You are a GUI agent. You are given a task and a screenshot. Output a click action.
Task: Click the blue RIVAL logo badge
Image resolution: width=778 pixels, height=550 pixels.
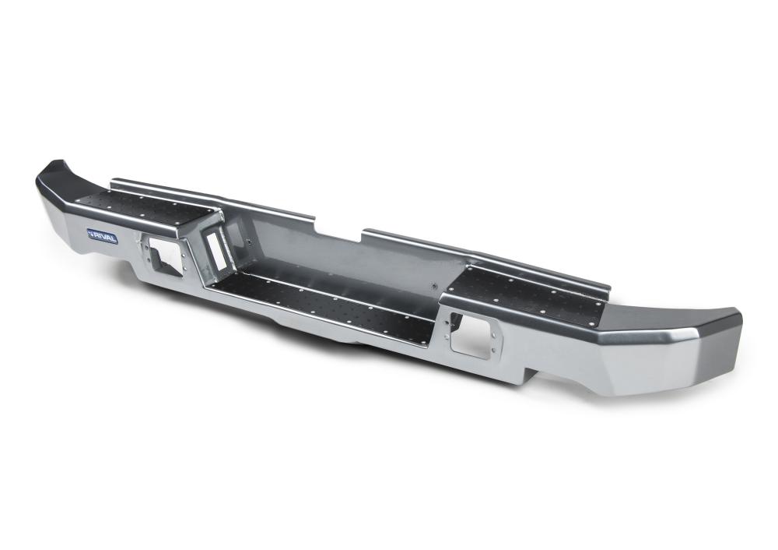tap(102, 235)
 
